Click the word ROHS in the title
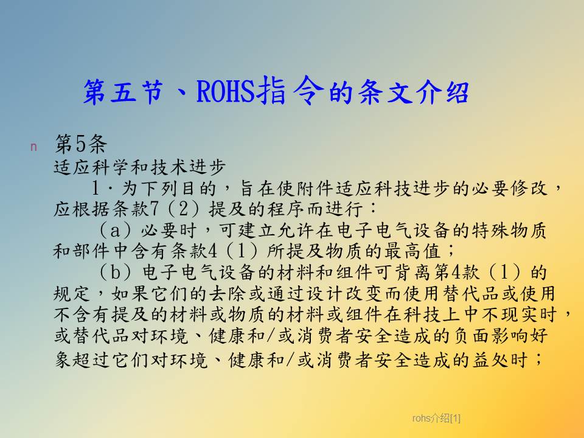(x=226, y=91)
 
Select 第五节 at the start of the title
(x=123, y=91)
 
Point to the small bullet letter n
(x=33, y=147)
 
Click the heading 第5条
(x=81, y=144)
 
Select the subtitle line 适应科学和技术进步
(x=140, y=167)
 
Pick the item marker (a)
(x=115, y=230)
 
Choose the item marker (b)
(x=115, y=273)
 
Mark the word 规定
(x=72, y=293)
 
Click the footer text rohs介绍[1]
(x=436, y=419)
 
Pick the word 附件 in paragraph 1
(x=316, y=188)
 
